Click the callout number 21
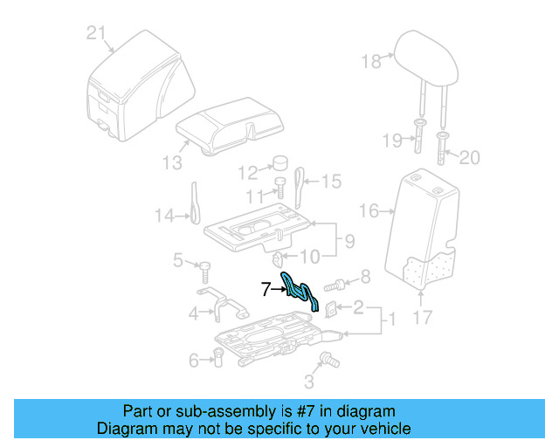tap(96, 33)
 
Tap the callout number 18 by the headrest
tap(372, 60)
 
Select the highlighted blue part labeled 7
tap(299, 292)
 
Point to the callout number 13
tap(172, 162)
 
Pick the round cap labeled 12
tap(281, 164)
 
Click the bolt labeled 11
tap(281, 188)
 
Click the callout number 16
tap(369, 210)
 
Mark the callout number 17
tap(422, 319)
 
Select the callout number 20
tap(469, 158)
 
